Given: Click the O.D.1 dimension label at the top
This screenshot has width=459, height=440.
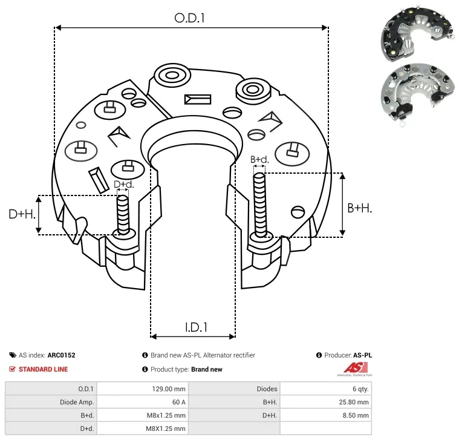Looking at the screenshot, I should pos(190,19).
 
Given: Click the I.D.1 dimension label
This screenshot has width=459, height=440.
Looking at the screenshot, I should pos(196,327).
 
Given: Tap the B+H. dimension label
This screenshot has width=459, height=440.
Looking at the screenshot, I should pos(359,208).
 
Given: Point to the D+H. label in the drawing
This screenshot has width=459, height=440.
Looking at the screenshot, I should pos(22,214).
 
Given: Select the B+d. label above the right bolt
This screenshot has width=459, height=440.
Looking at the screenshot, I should pos(259,160).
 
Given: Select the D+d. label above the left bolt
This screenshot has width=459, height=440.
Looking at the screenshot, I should pos(123,184).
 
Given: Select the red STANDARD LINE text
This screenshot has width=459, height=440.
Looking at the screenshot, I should pos(43,369).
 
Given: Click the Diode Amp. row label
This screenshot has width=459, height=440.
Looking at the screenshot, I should pos(77,402).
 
